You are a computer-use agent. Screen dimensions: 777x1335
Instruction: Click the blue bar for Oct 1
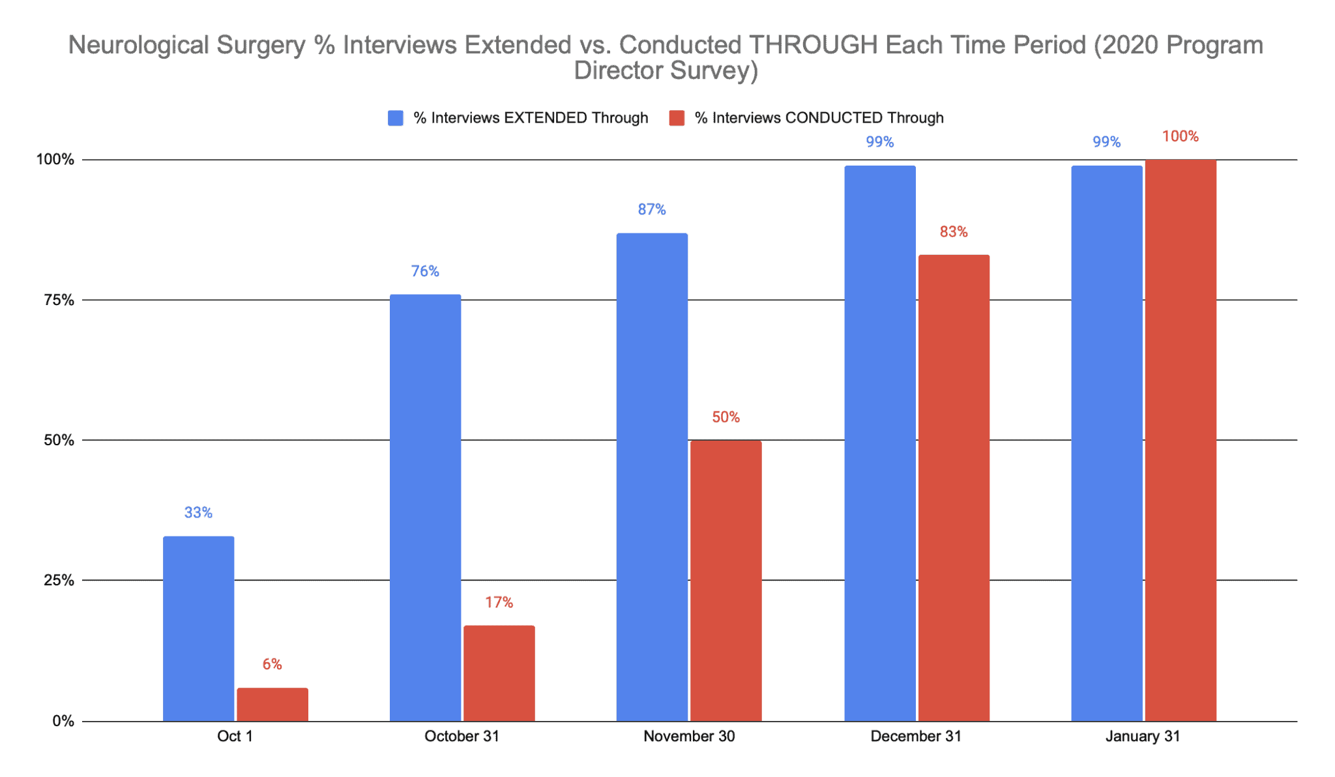[x=198, y=628]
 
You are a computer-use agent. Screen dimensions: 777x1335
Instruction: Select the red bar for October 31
[x=499, y=673]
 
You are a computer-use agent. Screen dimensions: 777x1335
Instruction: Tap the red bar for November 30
[x=726, y=580]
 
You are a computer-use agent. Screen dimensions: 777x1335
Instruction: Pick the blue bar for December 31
[x=879, y=443]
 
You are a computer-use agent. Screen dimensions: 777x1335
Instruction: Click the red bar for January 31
[x=1180, y=440]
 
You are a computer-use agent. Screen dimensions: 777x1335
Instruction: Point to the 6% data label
[x=272, y=664]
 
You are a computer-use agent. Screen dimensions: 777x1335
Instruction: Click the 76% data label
[x=425, y=271]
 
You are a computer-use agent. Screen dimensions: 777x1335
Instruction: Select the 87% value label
[x=652, y=209]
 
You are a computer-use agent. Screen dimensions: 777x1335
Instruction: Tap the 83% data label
[x=953, y=231]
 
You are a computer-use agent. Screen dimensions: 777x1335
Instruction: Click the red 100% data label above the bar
[x=1180, y=136]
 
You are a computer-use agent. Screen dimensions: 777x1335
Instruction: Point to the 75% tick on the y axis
[x=59, y=300]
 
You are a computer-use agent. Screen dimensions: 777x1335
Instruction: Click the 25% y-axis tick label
[x=59, y=580]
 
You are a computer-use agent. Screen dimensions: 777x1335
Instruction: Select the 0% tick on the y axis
[x=63, y=721]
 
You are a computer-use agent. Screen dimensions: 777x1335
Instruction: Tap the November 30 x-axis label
[x=688, y=737]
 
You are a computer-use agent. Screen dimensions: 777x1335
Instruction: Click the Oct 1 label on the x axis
[x=235, y=737]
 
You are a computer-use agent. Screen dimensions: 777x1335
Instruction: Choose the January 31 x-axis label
[x=1142, y=737]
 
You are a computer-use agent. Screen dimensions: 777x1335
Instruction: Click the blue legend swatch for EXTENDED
[x=395, y=118]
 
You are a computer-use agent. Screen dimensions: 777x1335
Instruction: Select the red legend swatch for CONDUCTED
[x=677, y=118]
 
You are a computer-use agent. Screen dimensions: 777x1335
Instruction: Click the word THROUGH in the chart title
[x=812, y=45]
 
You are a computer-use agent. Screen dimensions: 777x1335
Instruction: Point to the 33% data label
[x=198, y=513]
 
